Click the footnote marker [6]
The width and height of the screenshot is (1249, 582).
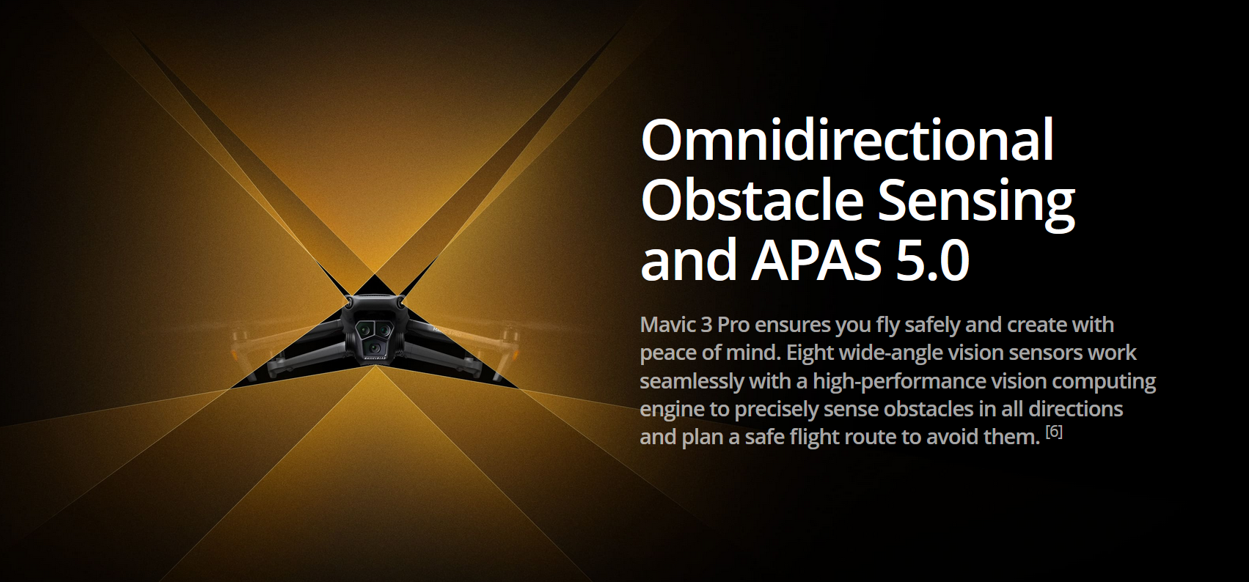tap(1054, 432)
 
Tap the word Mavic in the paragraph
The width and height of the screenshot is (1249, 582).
tap(667, 325)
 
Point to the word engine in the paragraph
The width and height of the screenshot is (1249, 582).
tap(672, 409)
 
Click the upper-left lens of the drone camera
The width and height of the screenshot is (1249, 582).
tap(364, 329)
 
